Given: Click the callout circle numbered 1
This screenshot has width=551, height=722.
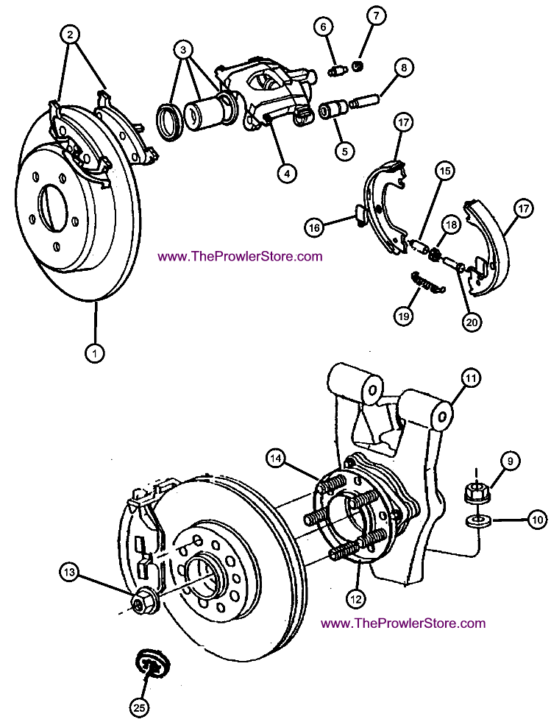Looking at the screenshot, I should [94, 353].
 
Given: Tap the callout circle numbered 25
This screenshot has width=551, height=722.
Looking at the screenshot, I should [139, 707].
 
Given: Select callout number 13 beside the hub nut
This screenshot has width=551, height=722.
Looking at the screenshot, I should [69, 570].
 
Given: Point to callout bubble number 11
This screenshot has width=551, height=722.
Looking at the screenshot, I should [471, 378].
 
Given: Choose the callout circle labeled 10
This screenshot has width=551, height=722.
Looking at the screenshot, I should [538, 520].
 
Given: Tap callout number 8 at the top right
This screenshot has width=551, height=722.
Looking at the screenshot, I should [402, 68].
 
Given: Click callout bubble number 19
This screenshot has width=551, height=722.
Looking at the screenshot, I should [404, 316].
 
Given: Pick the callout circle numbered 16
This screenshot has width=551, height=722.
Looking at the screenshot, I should [316, 229].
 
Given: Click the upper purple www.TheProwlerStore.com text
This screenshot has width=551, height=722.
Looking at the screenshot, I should [240, 256].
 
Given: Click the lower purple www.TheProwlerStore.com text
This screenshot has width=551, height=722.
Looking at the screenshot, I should [403, 623].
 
